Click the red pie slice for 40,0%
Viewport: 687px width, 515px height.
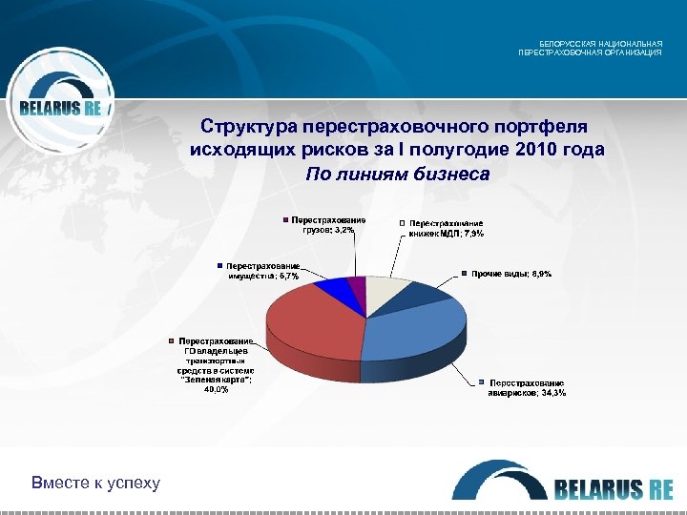click(x=310, y=324)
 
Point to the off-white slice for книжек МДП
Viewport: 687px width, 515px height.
click(x=385, y=292)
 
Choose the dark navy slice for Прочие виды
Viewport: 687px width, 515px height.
click(x=426, y=297)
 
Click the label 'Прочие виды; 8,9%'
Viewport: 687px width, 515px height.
click(x=511, y=274)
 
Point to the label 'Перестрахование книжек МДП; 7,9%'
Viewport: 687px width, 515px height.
click(x=447, y=228)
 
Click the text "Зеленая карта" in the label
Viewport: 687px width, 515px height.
click(x=216, y=380)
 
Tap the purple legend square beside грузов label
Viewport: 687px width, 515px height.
click(x=284, y=220)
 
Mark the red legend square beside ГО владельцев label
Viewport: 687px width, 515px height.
click(x=171, y=340)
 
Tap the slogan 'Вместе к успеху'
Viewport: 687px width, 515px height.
click(x=95, y=483)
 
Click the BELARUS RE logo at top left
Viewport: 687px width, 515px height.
click(x=60, y=107)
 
